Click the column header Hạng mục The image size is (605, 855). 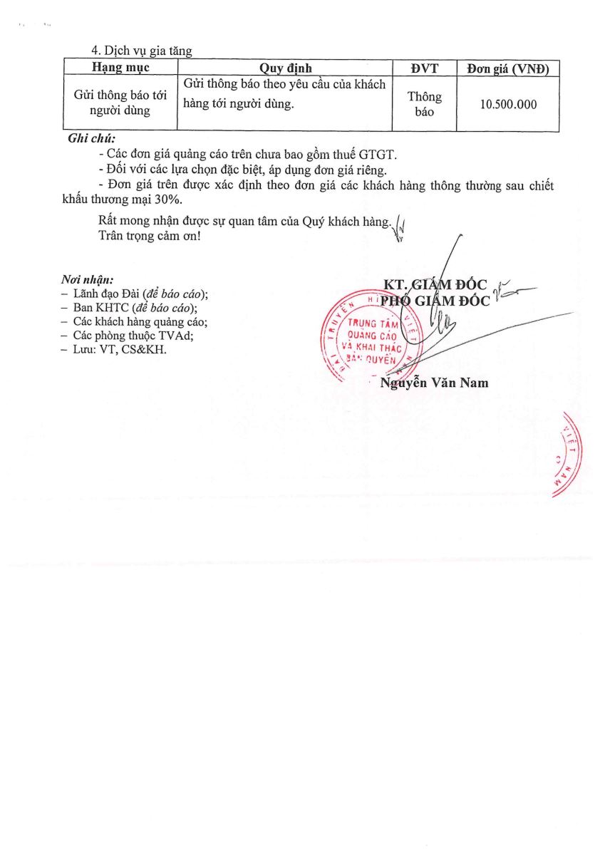[120, 68]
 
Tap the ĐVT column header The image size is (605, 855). [424, 68]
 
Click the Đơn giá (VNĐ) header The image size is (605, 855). [507, 68]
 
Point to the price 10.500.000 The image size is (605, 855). [508, 104]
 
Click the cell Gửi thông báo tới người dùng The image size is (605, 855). [120, 104]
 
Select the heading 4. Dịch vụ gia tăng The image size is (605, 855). [142, 51]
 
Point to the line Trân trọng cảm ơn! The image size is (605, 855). [150, 235]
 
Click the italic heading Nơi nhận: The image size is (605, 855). [87, 280]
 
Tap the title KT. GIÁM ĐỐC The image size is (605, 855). [435, 286]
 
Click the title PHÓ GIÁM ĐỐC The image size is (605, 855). [435, 301]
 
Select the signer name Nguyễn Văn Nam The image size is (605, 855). [434, 383]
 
